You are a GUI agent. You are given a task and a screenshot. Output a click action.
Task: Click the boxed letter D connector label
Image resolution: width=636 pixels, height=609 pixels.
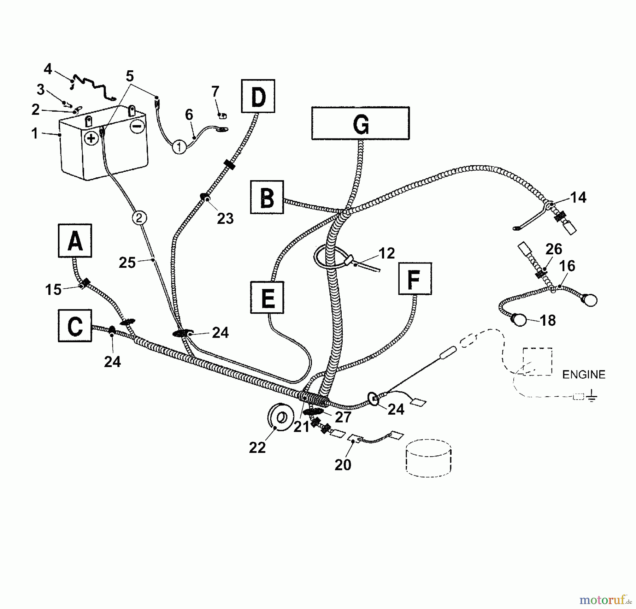pyautogui.click(x=258, y=96)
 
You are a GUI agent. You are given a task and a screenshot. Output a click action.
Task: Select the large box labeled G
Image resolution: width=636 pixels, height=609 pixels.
pyautogui.click(x=360, y=123)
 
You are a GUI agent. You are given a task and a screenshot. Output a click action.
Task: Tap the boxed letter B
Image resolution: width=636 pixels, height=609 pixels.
pyautogui.click(x=267, y=197)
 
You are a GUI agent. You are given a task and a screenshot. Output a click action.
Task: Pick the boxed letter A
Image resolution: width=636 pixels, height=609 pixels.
pyautogui.click(x=75, y=241)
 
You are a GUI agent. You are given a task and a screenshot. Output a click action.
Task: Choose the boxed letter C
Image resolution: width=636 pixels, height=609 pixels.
pyautogui.click(x=75, y=326)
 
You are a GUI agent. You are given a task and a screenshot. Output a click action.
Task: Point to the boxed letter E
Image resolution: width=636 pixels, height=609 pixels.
pyautogui.click(x=267, y=297)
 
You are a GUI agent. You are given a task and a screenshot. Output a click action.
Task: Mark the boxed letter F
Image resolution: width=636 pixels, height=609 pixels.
pyautogui.click(x=415, y=279)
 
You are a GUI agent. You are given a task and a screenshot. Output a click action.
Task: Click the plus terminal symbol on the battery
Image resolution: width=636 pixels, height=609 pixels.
pyautogui.click(x=91, y=138)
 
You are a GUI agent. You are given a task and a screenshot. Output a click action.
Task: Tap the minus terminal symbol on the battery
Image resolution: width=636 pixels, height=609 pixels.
pyautogui.click(x=137, y=126)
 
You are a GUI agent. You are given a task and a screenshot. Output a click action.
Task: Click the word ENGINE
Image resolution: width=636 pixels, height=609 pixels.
pyautogui.click(x=584, y=374)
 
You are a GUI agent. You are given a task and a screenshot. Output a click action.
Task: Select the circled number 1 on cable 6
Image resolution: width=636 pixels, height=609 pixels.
pyautogui.click(x=179, y=147)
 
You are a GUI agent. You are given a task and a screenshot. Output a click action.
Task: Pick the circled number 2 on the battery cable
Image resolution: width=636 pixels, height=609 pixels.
pyautogui.click(x=139, y=218)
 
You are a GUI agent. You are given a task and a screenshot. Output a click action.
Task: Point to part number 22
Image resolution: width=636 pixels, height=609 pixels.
pyautogui.click(x=257, y=448)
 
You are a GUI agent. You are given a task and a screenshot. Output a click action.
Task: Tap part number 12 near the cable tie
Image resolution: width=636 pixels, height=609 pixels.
pyautogui.click(x=387, y=253)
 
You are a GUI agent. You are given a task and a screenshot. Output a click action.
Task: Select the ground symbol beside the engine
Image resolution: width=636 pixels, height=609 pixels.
pyautogui.click(x=592, y=397)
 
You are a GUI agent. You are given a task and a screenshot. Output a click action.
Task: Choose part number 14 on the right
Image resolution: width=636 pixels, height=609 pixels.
pyautogui.click(x=578, y=197)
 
